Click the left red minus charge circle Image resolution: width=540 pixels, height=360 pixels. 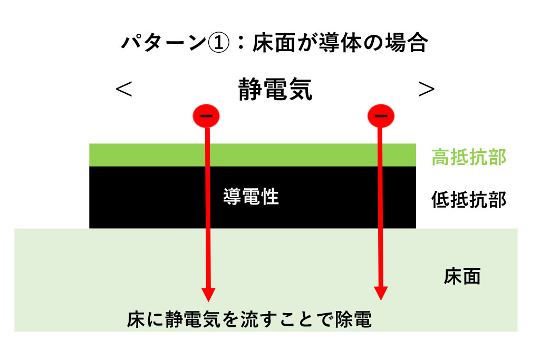tap(206, 116)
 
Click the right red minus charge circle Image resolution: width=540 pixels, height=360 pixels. tap(380, 116)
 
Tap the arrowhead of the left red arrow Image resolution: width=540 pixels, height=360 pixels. tap(208, 294)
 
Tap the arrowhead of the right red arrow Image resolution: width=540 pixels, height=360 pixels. tap(381, 294)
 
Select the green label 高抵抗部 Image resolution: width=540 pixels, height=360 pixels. tap(469, 157)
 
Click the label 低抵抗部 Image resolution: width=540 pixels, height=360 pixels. tap(469, 200)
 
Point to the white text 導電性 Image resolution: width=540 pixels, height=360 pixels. tap(250, 197)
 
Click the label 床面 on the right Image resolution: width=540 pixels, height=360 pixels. tap(462, 276)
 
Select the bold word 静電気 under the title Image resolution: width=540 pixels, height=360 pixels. tap(275, 90)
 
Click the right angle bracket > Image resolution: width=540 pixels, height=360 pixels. tap(426, 90)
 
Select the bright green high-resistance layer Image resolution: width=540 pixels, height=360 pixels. tap(253, 155)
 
